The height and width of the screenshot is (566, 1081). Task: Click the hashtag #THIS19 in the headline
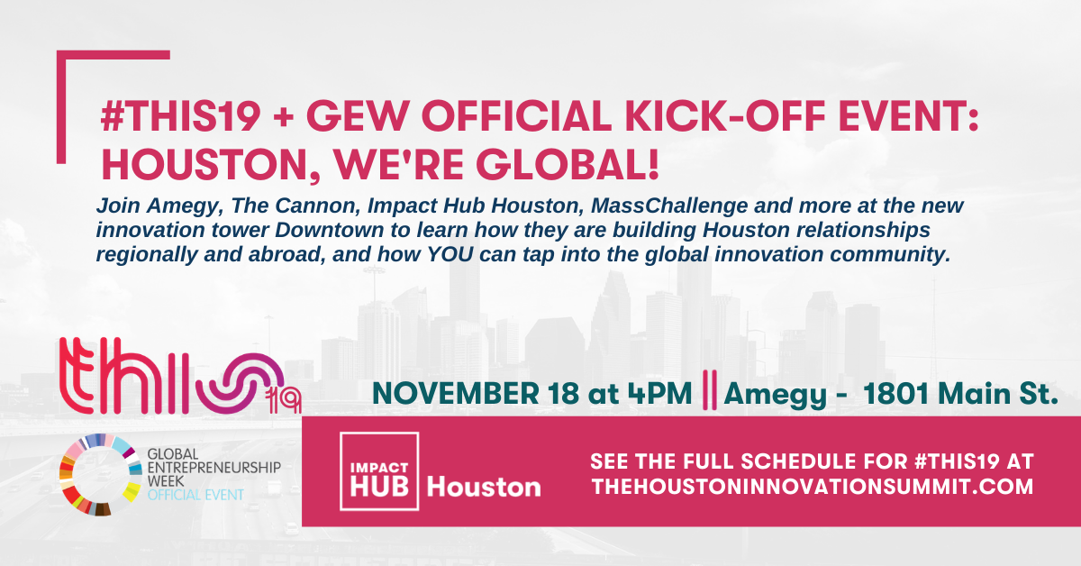point(181,116)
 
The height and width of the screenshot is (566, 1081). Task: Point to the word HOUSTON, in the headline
point(211,166)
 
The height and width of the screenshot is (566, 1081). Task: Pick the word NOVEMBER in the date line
point(456,394)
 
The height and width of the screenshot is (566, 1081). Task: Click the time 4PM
point(659,394)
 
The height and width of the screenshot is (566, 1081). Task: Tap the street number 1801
point(895,394)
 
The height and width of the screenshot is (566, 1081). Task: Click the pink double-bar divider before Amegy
point(710,390)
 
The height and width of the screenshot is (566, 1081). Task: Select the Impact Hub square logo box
point(379,471)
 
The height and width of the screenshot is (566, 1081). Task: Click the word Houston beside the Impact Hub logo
point(484,487)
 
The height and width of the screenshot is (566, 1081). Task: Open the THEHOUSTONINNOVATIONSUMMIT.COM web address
point(813,487)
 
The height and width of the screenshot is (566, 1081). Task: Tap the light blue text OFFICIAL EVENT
point(195,495)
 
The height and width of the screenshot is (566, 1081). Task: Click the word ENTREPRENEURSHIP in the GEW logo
point(213,468)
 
